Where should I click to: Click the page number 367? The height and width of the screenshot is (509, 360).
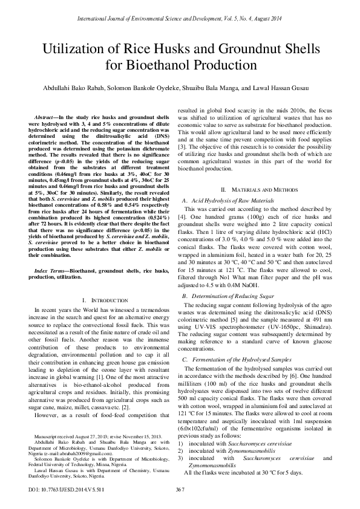click(x=180, y=489)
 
